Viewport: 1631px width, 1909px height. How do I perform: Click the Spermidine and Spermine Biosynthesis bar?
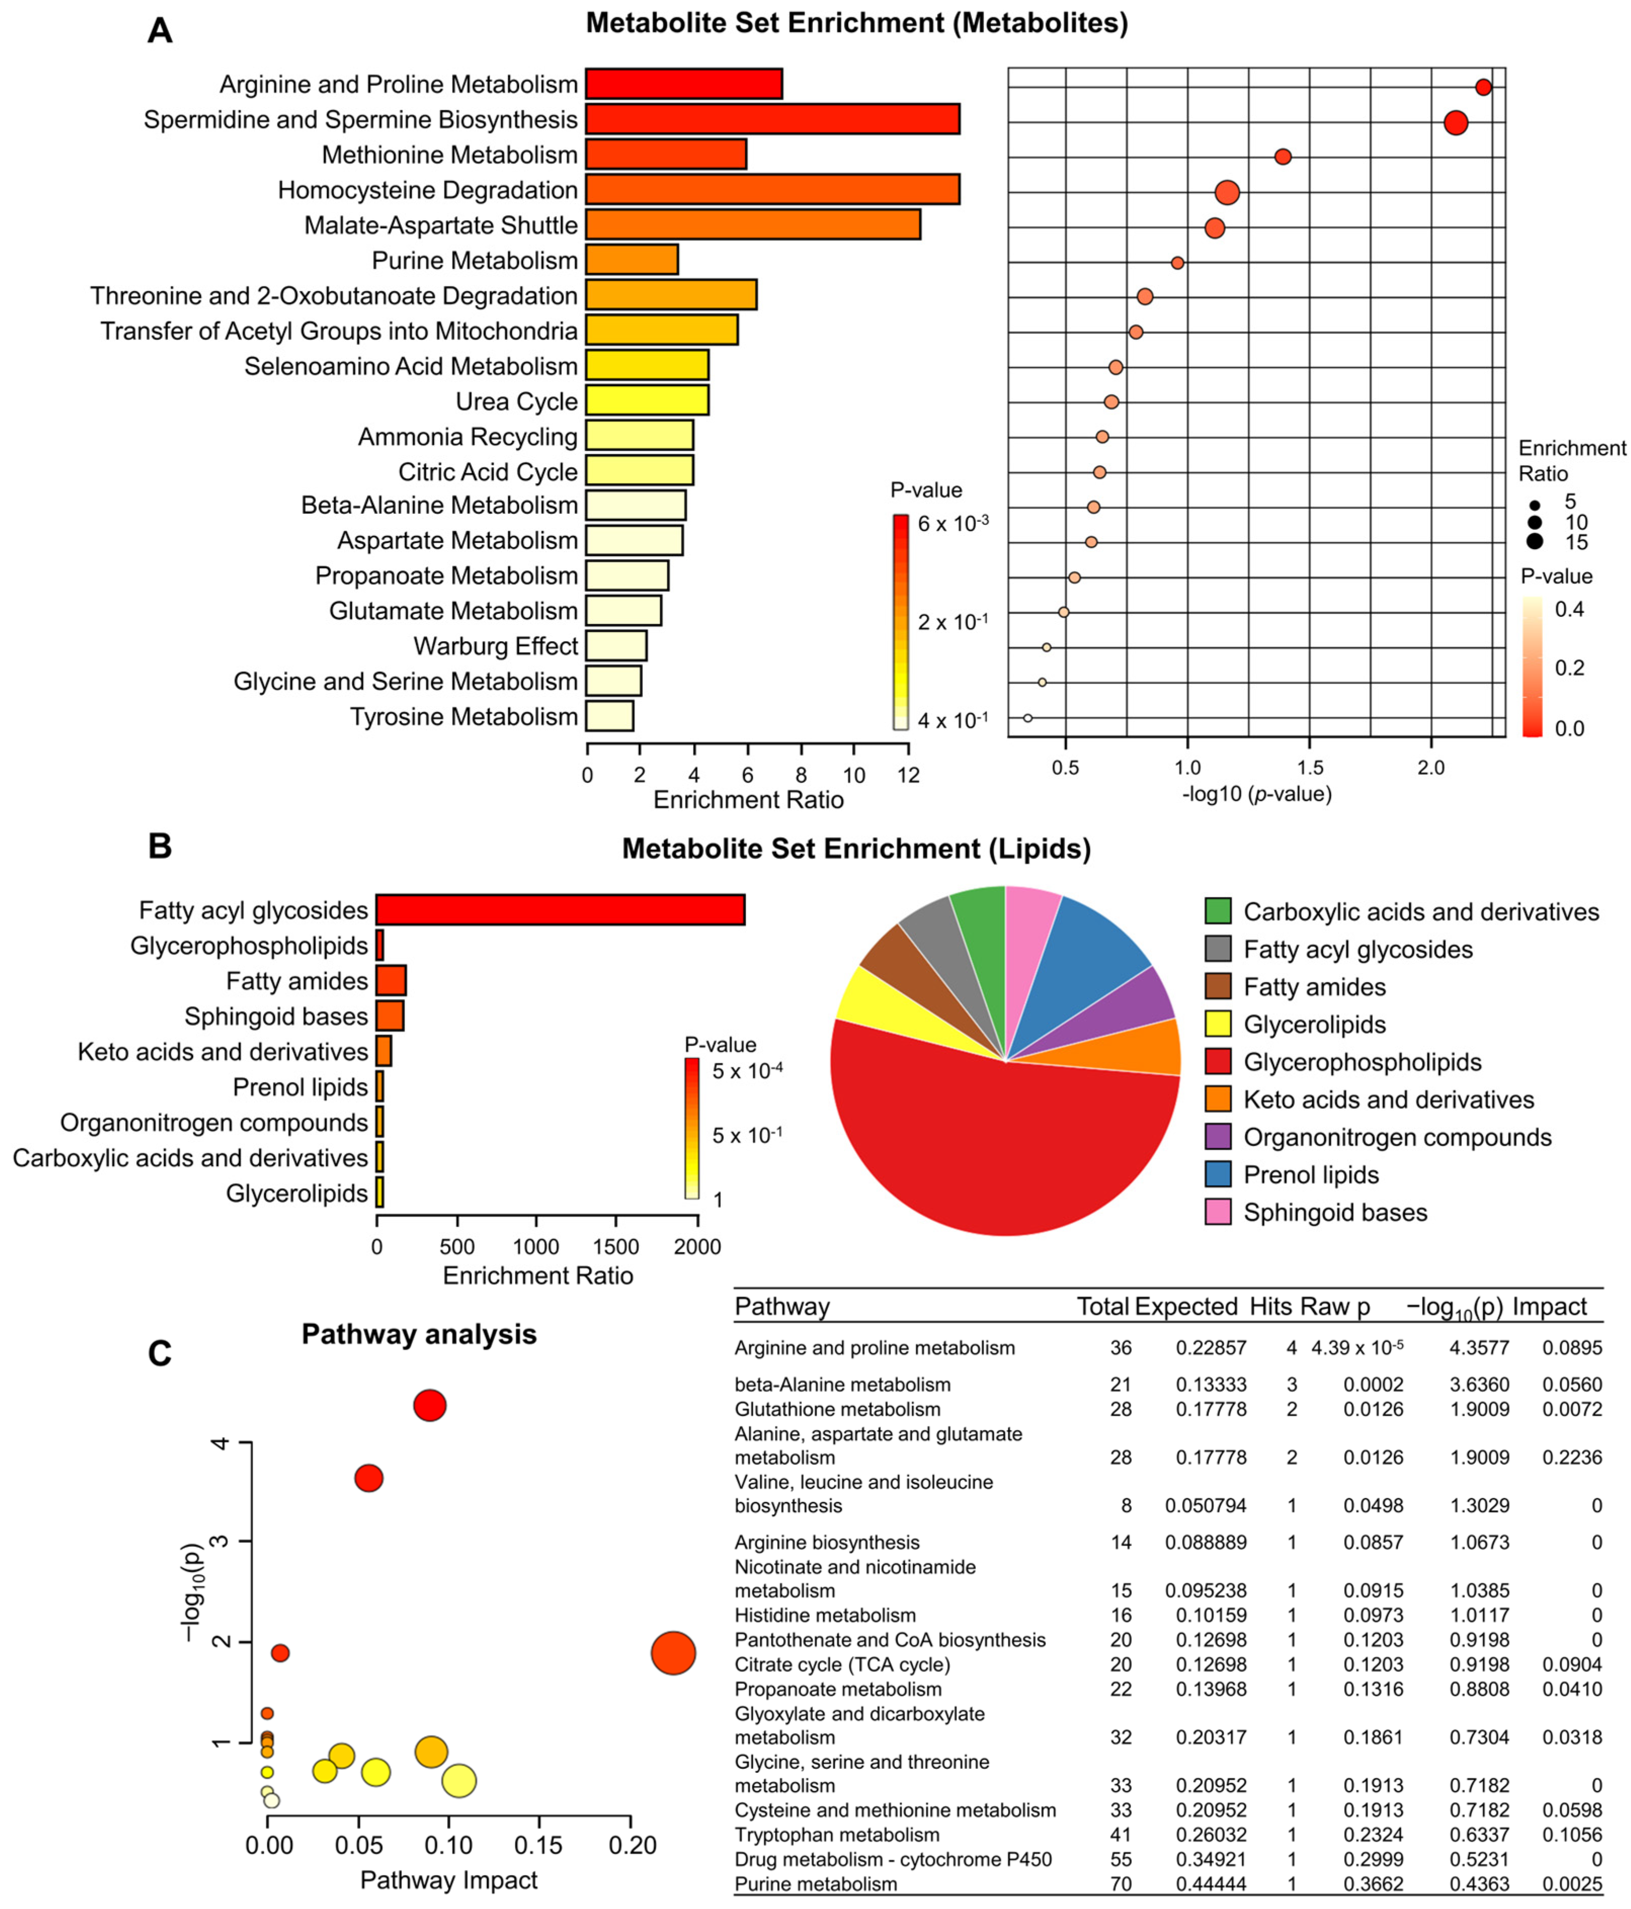(x=772, y=119)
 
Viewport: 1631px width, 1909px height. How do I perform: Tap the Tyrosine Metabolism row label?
(x=464, y=717)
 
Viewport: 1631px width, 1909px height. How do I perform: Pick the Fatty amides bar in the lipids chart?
(x=391, y=980)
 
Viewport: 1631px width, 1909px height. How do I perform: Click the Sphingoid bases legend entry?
(x=1334, y=1213)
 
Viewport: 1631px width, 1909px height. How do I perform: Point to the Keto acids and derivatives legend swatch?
(x=1217, y=1099)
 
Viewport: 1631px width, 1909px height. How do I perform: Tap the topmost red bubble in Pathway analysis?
(x=429, y=1405)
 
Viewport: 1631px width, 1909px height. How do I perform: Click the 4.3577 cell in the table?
(x=1479, y=1348)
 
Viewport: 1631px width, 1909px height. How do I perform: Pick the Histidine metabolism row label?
(x=825, y=1615)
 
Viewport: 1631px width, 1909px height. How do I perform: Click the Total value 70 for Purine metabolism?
(x=1121, y=1884)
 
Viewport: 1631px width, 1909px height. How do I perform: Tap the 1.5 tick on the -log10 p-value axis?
(x=1310, y=767)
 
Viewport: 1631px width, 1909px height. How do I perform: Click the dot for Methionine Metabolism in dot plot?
(x=1282, y=156)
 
